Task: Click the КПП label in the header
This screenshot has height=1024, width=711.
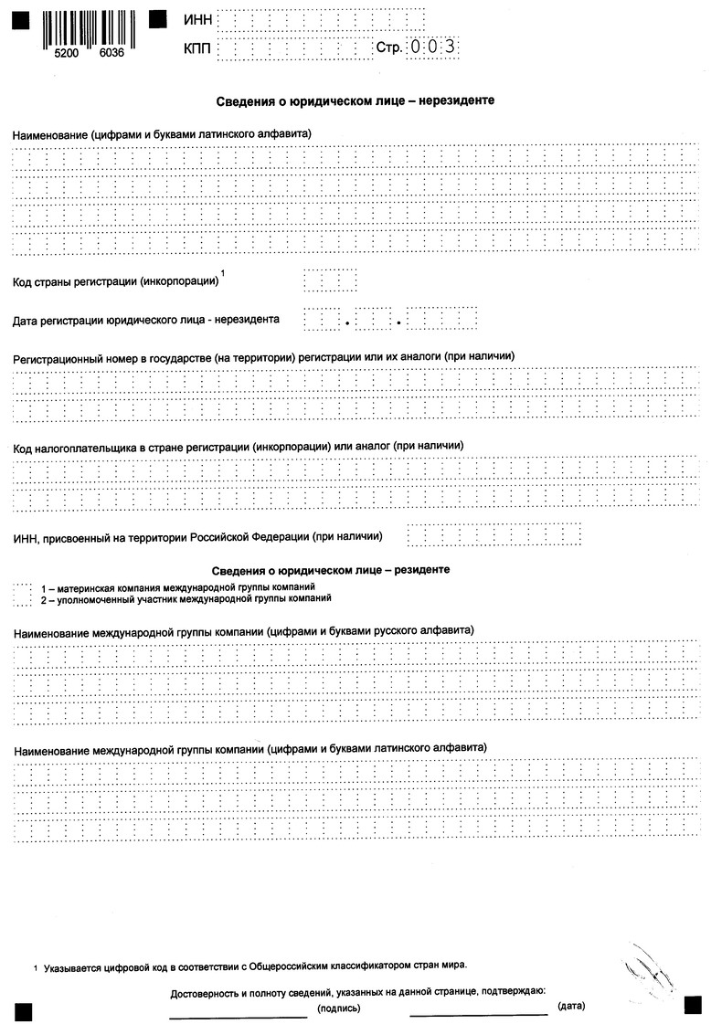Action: (x=198, y=49)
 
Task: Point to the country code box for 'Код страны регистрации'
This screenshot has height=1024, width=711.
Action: (x=329, y=280)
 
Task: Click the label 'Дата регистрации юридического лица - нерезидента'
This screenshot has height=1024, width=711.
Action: (x=146, y=320)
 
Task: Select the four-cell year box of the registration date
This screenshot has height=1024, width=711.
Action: (x=442, y=320)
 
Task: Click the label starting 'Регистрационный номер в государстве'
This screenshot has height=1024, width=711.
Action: (x=264, y=355)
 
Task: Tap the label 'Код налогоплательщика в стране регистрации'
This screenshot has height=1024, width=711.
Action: (x=238, y=446)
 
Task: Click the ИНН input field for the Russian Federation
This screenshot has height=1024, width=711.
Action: (x=493, y=534)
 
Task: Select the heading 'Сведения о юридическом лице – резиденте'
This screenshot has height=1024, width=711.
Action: (x=331, y=570)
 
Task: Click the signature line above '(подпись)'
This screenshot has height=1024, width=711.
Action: (x=239, y=1014)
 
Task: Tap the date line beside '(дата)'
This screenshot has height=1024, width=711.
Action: (x=478, y=1014)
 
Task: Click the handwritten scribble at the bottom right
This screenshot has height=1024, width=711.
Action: (x=650, y=970)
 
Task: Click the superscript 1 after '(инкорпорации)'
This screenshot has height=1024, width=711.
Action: (x=224, y=273)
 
